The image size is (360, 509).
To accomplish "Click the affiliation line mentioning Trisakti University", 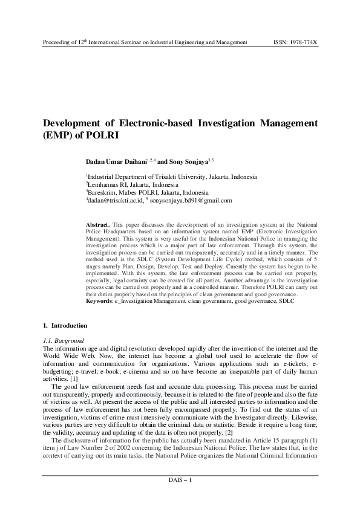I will pyautogui.click(x=171, y=177).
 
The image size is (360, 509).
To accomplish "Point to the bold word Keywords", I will pyautogui.click(x=99, y=300).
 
